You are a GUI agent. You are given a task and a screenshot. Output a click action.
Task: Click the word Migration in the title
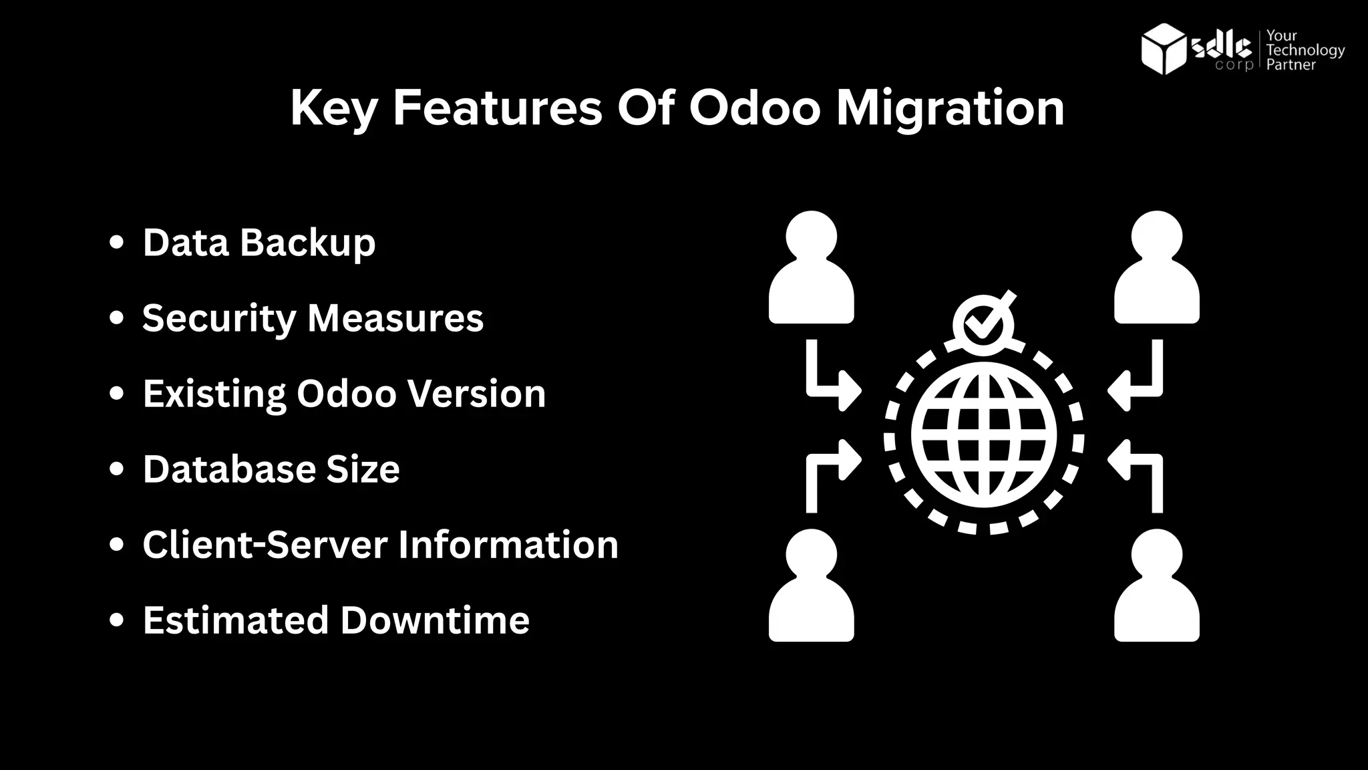point(950,108)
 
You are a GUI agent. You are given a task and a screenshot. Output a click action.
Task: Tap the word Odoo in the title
point(754,108)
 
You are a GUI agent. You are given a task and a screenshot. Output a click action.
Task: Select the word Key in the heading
point(333,108)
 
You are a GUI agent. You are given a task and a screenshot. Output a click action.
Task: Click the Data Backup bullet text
point(259,242)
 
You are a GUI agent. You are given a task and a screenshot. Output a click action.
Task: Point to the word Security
point(218,318)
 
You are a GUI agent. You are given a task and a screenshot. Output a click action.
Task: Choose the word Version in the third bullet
point(477,393)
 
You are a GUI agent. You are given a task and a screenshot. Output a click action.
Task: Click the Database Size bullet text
point(271,469)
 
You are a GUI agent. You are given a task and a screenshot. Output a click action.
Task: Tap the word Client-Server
point(265,544)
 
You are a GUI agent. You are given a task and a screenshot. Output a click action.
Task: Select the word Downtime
point(435,620)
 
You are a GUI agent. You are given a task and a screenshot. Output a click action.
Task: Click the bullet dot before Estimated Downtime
point(117,620)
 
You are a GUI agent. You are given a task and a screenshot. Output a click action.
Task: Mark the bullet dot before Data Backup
point(117,242)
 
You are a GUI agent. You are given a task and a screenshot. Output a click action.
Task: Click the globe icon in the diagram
point(983,435)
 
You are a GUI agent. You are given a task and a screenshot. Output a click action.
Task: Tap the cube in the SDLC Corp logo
point(1164,49)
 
